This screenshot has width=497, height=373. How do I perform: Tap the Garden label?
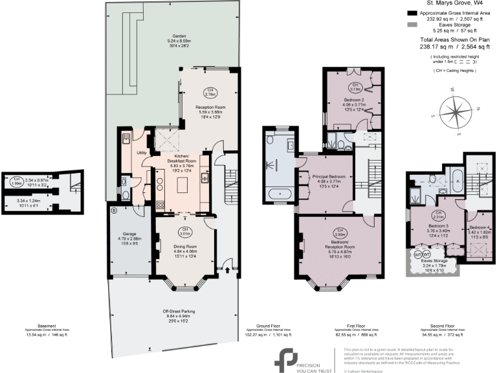[x=179, y=37]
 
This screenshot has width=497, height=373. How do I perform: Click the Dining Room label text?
[x=185, y=245]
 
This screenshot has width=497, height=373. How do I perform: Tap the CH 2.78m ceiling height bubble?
[x=209, y=91]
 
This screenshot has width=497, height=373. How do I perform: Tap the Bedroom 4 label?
[x=479, y=228]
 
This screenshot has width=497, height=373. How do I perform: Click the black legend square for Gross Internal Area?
[x=412, y=13]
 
